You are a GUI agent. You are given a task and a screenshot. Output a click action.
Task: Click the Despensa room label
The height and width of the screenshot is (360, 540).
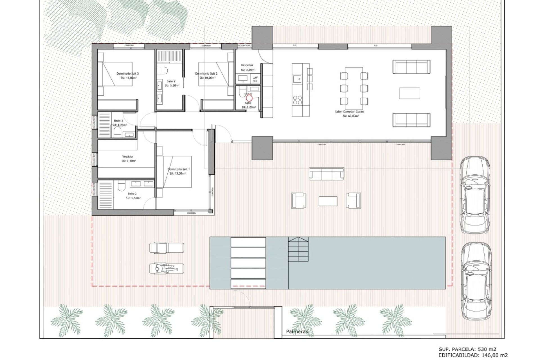click(247, 65)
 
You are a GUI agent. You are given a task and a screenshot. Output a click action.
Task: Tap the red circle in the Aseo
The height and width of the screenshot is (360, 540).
click(249, 98)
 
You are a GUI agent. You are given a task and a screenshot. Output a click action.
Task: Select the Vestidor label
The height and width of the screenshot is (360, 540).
click(128, 156)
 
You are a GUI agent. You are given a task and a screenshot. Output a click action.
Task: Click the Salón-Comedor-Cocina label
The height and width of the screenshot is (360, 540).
click(350, 112)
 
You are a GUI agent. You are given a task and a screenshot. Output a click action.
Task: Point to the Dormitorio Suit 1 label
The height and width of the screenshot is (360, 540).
click(179, 169)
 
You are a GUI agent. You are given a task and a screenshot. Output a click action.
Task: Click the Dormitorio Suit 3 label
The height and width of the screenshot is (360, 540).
click(128, 74)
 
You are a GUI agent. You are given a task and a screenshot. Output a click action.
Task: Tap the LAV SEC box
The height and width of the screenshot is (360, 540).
click(255, 79)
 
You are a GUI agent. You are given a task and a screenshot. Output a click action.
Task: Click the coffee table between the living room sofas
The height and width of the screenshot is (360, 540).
click(409, 93)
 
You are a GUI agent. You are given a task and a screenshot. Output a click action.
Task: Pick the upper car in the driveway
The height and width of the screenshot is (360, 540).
click(475, 195)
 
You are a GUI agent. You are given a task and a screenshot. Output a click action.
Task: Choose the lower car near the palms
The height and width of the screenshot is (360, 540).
click(476, 281)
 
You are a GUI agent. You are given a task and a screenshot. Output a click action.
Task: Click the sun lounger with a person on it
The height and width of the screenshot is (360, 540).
click(166, 269)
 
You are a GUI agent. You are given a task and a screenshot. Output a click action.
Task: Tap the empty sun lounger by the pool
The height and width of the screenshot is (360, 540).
click(166, 248)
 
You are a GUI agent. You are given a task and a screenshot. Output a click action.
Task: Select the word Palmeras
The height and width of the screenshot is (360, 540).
click(297, 332)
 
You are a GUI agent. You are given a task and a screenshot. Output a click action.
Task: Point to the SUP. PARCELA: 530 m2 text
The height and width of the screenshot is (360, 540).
click(467, 350)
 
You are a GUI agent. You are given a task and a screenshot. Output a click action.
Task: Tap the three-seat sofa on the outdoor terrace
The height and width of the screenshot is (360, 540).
click(326, 174)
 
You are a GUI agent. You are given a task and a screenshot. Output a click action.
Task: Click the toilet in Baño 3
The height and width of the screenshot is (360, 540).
click(118, 132)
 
